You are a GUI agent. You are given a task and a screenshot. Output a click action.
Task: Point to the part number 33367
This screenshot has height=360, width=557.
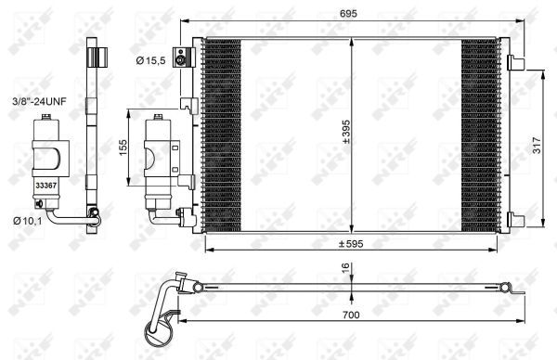(45, 185)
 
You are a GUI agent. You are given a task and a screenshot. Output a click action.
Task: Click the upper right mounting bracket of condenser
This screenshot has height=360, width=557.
(515, 62)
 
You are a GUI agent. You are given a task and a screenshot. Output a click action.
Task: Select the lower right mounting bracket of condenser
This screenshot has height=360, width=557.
(515, 219)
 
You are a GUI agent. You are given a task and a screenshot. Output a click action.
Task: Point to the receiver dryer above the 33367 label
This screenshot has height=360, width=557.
(46, 148)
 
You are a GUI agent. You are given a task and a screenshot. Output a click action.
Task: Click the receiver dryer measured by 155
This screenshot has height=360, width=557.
(159, 157)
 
